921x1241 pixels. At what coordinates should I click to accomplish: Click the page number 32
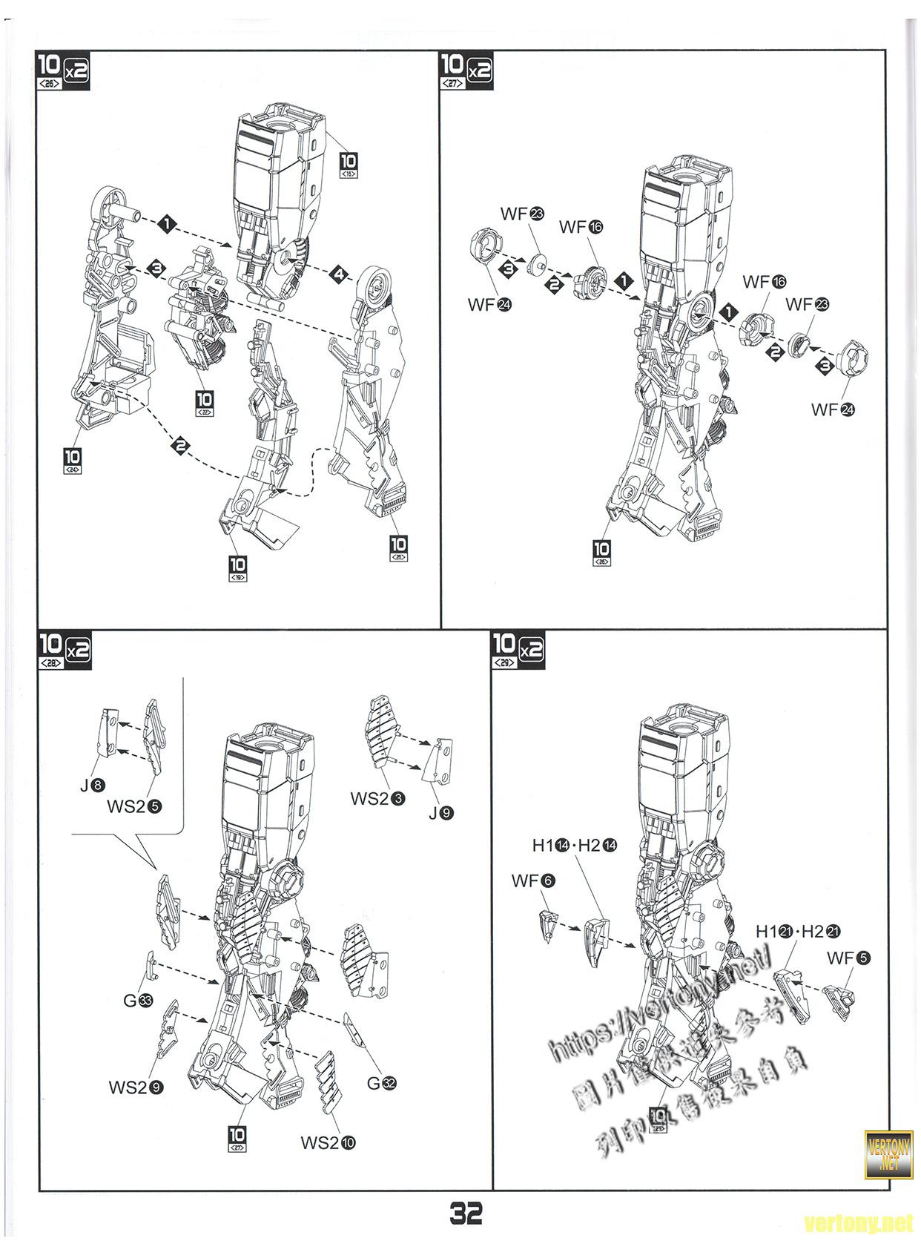point(466,1214)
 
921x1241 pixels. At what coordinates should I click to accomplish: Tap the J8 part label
point(93,783)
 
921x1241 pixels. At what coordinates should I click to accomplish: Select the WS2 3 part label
point(377,798)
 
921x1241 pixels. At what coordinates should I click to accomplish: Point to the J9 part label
point(440,813)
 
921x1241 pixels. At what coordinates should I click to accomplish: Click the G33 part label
point(138,1001)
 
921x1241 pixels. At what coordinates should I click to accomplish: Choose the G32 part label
point(382,1083)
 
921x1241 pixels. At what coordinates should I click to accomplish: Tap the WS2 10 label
point(328,1142)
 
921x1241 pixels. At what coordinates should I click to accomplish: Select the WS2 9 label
point(136,1087)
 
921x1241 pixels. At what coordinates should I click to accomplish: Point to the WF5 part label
point(848,958)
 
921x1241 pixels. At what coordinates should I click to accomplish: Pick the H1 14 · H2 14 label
point(574,845)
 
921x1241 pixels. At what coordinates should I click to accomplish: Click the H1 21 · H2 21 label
point(798,932)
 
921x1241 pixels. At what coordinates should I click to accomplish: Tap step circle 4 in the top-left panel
point(339,274)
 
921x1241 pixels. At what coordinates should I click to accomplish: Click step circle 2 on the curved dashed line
point(179,446)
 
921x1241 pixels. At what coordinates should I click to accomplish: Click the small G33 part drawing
point(150,964)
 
